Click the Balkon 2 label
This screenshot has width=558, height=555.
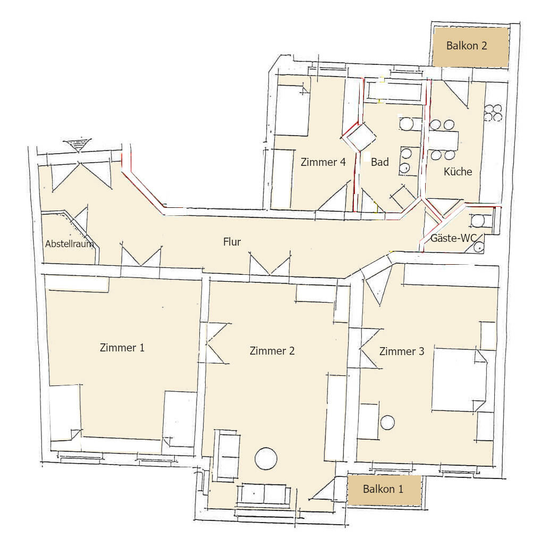[x=467, y=46]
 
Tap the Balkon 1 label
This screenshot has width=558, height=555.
[x=383, y=489]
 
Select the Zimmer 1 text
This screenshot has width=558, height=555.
[x=122, y=348]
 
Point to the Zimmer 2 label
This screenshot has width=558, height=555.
[x=272, y=351]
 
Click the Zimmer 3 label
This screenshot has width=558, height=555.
[x=402, y=351]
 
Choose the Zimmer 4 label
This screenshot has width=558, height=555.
[x=323, y=162]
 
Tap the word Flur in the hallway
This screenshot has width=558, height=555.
[x=232, y=242]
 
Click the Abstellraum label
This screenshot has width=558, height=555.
[x=70, y=244]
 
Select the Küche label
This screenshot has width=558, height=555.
[x=458, y=172]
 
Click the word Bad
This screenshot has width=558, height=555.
[x=380, y=162]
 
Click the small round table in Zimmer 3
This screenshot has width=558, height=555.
[x=388, y=423]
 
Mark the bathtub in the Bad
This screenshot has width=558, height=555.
[x=396, y=91]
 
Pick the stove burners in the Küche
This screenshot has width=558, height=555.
[x=493, y=113]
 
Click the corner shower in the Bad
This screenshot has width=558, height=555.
[x=360, y=138]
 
